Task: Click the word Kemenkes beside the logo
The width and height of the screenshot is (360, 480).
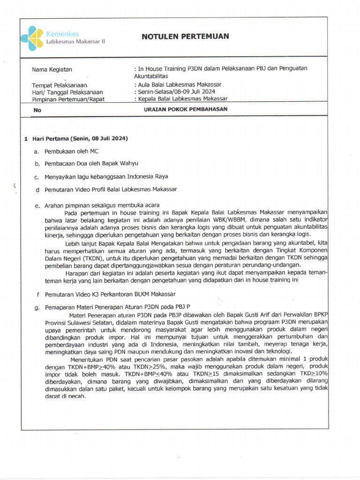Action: click(x=62, y=34)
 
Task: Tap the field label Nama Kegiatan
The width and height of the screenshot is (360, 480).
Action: click(x=52, y=70)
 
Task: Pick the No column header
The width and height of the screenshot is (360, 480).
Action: click(x=37, y=110)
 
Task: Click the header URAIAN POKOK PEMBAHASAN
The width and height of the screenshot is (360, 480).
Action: click(x=185, y=110)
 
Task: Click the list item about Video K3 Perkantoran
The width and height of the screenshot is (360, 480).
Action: click(x=110, y=294)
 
